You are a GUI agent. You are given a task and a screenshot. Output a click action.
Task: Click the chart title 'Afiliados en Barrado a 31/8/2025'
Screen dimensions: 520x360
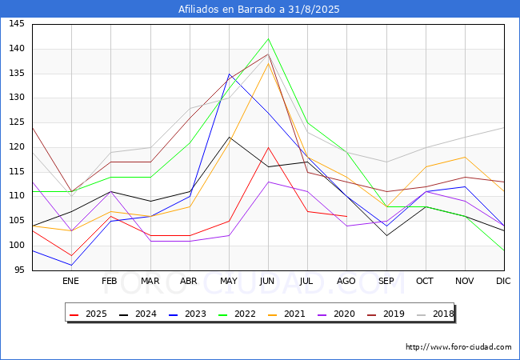(x=258, y=10)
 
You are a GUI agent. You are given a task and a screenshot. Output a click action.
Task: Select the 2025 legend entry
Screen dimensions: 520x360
(x=88, y=314)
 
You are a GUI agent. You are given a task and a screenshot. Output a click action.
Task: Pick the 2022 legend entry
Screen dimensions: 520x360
(x=237, y=314)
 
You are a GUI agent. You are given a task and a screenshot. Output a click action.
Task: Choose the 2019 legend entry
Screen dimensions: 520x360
(x=386, y=314)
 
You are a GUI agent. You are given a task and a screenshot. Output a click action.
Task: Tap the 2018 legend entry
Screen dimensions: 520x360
(x=435, y=314)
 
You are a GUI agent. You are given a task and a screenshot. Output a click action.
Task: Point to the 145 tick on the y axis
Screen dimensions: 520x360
(x=17, y=24)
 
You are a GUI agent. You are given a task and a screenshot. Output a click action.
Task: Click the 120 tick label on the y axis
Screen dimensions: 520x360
(x=17, y=147)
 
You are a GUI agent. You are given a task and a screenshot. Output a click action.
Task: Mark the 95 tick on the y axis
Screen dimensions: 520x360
(x=19, y=270)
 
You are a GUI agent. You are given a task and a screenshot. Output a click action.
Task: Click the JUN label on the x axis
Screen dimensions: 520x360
(x=267, y=281)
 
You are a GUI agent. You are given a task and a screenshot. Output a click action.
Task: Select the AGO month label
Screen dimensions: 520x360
(x=346, y=281)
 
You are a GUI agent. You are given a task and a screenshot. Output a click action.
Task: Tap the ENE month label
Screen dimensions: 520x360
(x=70, y=281)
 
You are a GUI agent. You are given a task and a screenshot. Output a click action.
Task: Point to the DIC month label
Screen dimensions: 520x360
(x=503, y=281)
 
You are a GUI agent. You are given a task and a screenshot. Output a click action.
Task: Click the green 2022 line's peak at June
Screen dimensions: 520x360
(x=268, y=38)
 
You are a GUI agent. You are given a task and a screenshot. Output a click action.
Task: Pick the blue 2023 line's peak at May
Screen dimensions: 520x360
(x=229, y=74)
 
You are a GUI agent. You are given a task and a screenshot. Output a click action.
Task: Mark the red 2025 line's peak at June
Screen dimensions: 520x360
(x=268, y=147)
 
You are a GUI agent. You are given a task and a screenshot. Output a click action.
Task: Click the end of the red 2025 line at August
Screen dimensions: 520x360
(x=347, y=217)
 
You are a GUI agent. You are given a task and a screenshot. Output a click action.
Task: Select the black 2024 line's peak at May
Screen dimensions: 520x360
(x=229, y=138)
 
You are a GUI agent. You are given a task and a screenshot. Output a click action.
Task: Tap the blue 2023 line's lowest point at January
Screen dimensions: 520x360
(x=71, y=265)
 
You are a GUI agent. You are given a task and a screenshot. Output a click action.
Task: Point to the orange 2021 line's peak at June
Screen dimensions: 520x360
(x=268, y=63)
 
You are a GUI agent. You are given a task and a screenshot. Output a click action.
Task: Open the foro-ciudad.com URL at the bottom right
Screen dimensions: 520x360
(x=458, y=347)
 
